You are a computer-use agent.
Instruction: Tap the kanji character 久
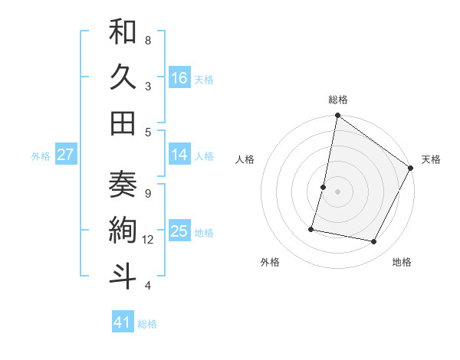pyautogui.click(x=123, y=79)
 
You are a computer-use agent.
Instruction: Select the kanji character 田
pyautogui.click(x=123, y=123)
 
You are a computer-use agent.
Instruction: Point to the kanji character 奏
pyautogui.click(x=123, y=185)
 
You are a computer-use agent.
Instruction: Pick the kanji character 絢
pyautogui.click(x=123, y=231)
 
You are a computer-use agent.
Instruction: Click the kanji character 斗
pyautogui.click(x=123, y=276)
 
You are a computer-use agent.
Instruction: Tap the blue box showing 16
pyautogui.click(x=179, y=78)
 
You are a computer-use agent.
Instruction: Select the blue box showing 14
pyautogui.click(x=179, y=155)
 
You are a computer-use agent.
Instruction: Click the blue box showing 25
pyautogui.click(x=179, y=231)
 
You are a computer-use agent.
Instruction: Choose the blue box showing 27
pyautogui.click(x=66, y=155)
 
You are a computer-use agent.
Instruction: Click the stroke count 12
pyautogui.click(x=148, y=240)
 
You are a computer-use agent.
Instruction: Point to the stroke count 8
pyautogui.click(x=148, y=40)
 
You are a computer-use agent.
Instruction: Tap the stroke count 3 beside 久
pyautogui.click(x=148, y=86)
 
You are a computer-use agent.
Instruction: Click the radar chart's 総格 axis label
pyautogui.click(x=337, y=100)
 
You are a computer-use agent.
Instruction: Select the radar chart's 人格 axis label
pyautogui.click(x=245, y=159)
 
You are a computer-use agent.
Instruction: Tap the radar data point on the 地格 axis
pyautogui.click(x=374, y=242)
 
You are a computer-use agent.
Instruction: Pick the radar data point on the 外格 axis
pyautogui.click(x=311, y=228)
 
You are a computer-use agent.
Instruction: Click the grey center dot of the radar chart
pyautogui.click(x=337, y=191)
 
